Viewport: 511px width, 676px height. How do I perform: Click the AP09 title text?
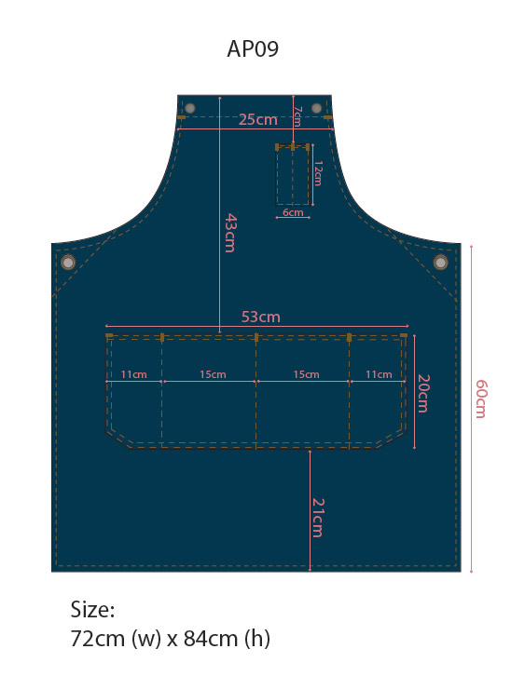point(253,48)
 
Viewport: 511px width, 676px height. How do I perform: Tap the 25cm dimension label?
point(257,119)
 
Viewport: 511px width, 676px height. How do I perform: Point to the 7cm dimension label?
point(297,116)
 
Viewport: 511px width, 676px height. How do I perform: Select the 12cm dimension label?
point(318,173)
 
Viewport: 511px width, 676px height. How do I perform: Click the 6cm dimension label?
point(293,212)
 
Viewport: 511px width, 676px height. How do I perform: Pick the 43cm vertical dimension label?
point(230,233)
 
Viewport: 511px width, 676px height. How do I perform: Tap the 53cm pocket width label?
point(261,317)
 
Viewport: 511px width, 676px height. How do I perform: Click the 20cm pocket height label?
point(423,394)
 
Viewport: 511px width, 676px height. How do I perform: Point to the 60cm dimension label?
point(481,399)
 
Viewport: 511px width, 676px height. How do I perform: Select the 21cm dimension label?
point(318,518)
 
